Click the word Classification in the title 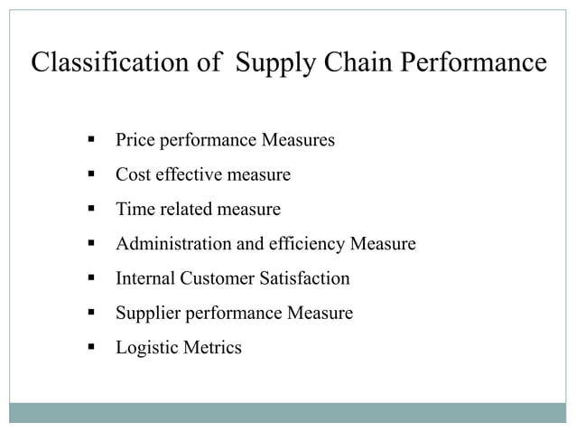(x=98, y=63)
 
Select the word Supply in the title (x=270, y=63)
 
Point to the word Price (x=135, y=141)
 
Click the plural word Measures (x=297, y=141)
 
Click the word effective (x=184, y=175)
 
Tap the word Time (x=135, y=210)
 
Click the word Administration (x=172, y=244)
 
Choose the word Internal (x=145, y=278)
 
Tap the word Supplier (x=145, y=313)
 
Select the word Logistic (x=147, y=347)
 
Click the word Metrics (x=213, y=347)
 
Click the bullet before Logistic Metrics (x=92, y=346)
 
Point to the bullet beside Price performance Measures (x=92, y=140)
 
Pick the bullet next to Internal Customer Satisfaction (x=92, y=277)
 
